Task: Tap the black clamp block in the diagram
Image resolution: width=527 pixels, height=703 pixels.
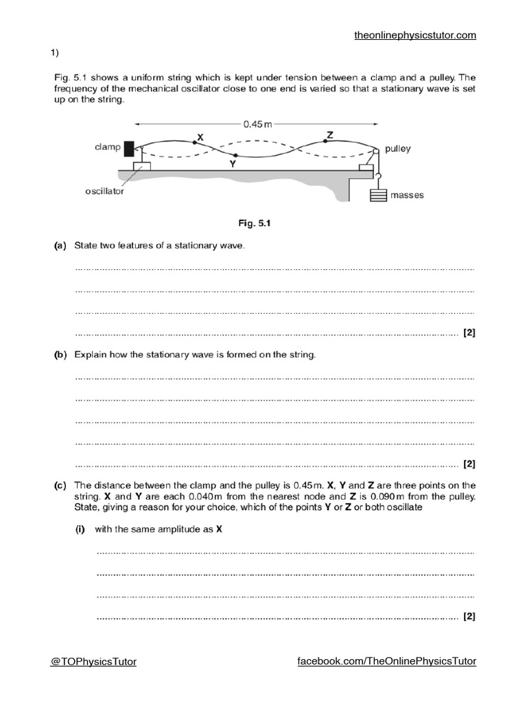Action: click(129, 148)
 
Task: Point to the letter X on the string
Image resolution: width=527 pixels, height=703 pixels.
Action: click(200, 137)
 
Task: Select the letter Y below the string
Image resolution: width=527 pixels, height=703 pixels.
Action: click(233, 165)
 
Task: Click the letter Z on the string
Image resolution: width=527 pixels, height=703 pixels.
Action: click(330, 135)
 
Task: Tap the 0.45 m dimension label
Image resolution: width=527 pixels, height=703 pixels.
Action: click(257, 124)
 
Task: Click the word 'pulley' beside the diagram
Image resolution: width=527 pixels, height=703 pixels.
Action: click(398, 149)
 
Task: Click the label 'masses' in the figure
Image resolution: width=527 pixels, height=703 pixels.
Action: click(408, 195)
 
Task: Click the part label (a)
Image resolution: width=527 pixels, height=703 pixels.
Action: click(60, 246)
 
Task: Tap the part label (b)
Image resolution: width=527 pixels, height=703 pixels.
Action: click(60, 355)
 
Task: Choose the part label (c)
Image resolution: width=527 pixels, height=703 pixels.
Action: click(60, 485)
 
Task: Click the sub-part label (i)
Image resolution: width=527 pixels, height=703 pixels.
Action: click(81, 529)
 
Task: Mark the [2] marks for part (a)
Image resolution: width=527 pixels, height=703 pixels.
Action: click(469, 333)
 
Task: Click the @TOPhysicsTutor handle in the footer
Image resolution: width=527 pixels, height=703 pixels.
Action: click(93, 662)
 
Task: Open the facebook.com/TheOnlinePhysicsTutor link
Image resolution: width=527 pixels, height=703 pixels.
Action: click(386, 661)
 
